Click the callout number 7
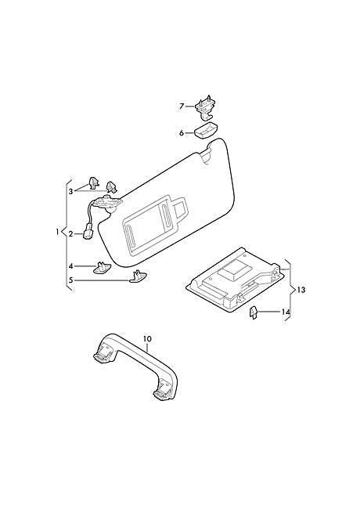click(x=182, y=106)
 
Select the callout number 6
click(x=182, y=133)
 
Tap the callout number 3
click(x=70, y=192)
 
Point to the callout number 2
click(x=70, y=234)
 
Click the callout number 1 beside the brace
click(x=57, y=232)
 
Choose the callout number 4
click(x=70, y=266)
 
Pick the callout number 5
click(x=70, y=280)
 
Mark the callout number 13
click(x=301, y=290)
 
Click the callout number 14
click(x=286, y=312)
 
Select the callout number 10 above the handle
click(x=147, y=339)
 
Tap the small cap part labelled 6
click(x=206, y=130)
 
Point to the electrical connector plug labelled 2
click(x=88, y=233)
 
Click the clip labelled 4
click(x=102, y=268)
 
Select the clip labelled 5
click(x=138, y=277)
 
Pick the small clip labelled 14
click(x=253, y=313)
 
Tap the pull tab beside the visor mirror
click(x=180, y=208)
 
